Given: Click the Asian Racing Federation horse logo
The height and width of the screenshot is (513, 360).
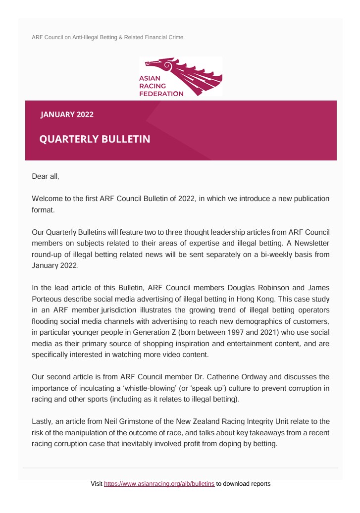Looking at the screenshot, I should (x=181, y=77).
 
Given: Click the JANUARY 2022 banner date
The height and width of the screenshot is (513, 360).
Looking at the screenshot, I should (x=67, y=115).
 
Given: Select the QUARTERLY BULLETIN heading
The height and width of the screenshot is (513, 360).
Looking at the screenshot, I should (x=95, y=139).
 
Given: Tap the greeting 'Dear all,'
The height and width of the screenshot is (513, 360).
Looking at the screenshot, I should (x=46, y=176).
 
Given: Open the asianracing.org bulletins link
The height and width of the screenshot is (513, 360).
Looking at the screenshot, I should (x=159, y=483).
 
